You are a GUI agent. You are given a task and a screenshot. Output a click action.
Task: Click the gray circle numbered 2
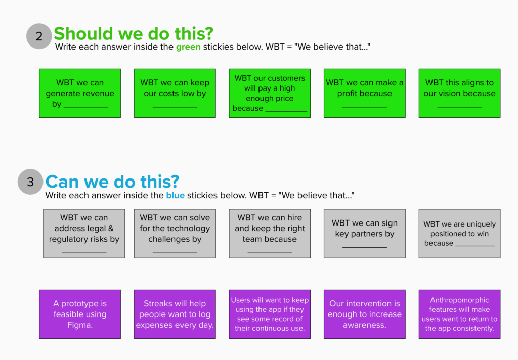pos(39,36)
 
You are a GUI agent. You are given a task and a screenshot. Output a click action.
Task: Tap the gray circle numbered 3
pos(30,182)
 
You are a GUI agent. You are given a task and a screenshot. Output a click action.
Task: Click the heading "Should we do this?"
pos(134,34)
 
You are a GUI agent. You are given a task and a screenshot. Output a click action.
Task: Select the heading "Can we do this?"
pos(112,182)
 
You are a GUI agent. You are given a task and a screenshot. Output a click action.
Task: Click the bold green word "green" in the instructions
pos(188,47)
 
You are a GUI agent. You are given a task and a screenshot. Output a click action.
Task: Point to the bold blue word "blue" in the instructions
pos(175,195)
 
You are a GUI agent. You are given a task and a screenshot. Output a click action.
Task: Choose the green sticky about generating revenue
pos(80,93)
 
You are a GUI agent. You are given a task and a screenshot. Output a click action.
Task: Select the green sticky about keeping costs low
pos(175,93)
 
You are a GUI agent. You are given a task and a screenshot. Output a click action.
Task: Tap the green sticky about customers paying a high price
pos(270,93)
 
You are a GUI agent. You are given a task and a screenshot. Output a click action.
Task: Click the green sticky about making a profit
pos(364,93)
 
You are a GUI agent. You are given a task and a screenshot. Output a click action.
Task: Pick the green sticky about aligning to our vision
pos(459,93)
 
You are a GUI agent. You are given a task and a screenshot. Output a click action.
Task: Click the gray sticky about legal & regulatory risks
pos(84,234)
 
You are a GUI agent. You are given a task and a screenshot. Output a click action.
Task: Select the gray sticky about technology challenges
pos(175,234)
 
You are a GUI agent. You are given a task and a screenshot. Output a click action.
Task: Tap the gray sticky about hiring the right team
pos(270,234)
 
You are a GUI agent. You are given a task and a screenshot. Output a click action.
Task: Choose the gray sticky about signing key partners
pos(364,234)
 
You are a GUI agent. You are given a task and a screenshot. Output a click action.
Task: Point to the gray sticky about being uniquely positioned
pos(459,234)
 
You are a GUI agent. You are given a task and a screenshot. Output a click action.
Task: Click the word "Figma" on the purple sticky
pos(78,325)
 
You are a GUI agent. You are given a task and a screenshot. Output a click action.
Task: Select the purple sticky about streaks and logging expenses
pos(175,314)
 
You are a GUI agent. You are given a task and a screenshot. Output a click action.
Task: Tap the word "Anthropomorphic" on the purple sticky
pos(459,300)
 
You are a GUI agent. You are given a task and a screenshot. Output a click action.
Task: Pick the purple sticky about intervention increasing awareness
pos(364,314)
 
